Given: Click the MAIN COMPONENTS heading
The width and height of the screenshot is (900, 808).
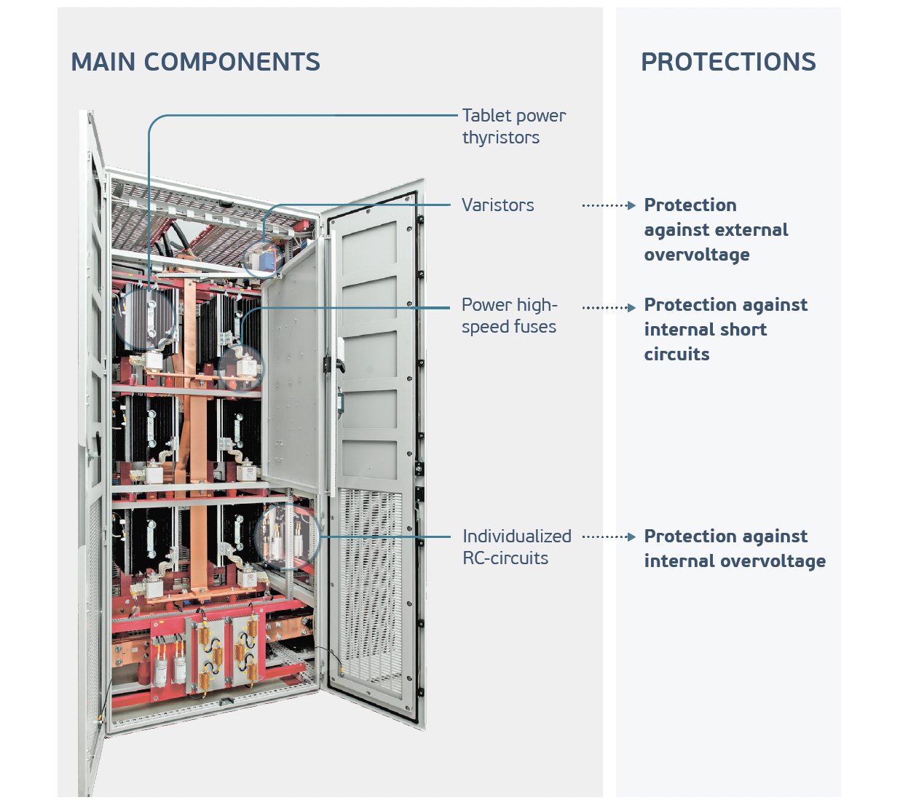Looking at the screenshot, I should tap(195, 62).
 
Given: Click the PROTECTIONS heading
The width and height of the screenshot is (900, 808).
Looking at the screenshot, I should tap(727, 62).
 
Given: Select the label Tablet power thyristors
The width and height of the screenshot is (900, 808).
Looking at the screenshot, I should tap(513, 127).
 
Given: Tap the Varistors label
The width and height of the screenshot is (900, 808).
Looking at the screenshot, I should tap(497, 205).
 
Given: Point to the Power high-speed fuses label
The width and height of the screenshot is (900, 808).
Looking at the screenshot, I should tap(509, 315).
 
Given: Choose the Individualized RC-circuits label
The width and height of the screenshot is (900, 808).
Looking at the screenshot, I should tap(516, 547).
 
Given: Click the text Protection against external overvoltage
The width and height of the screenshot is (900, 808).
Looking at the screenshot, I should tap(716, 229).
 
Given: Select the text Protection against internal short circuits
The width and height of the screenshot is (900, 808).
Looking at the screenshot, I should tap(725, 329).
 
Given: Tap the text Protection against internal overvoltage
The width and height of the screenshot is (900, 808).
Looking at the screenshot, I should tap(734, 549).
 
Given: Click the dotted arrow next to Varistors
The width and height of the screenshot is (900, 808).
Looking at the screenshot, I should tap(609, 206).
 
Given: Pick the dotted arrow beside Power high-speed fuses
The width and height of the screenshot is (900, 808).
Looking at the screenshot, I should tap(609, 308).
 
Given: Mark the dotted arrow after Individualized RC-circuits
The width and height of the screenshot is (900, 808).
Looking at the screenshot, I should tap(609, 537).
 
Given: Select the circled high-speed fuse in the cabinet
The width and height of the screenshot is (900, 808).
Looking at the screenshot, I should tap(242, 368).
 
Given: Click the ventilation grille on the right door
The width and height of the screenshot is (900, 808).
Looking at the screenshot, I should tap(371, 590).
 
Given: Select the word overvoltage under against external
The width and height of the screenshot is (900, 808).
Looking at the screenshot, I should tap(697, 255).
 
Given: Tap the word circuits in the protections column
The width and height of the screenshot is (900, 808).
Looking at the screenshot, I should tap(676, 355).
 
